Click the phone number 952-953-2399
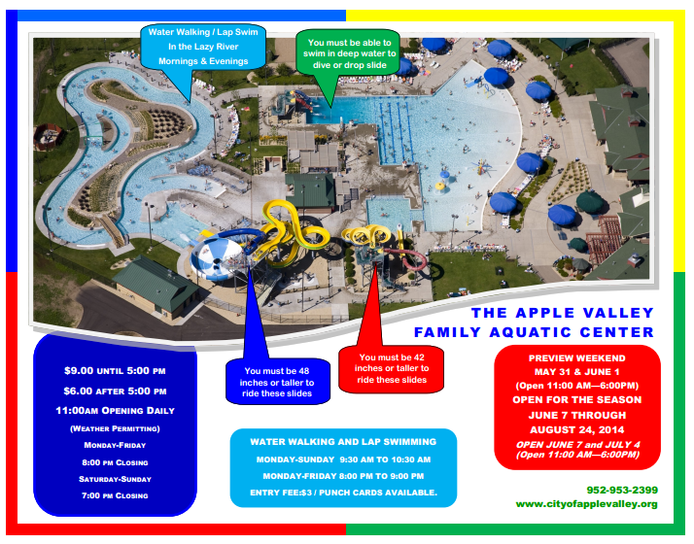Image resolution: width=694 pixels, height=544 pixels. pos(622,489)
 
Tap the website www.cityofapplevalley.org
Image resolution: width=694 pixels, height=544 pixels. pos(586,503)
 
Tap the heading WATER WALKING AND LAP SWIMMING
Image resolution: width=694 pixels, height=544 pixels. pos(343,441)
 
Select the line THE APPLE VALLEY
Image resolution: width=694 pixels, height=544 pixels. pos(562,313)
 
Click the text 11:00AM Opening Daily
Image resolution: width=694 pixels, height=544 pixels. pos(115,409)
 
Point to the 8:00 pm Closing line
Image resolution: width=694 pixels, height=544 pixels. pos(115,461)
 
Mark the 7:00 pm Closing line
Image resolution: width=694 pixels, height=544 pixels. pos(115,495)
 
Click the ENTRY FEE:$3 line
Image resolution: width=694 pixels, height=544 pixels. pos(343,493)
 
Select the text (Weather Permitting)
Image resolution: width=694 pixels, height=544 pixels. pos(115,427)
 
